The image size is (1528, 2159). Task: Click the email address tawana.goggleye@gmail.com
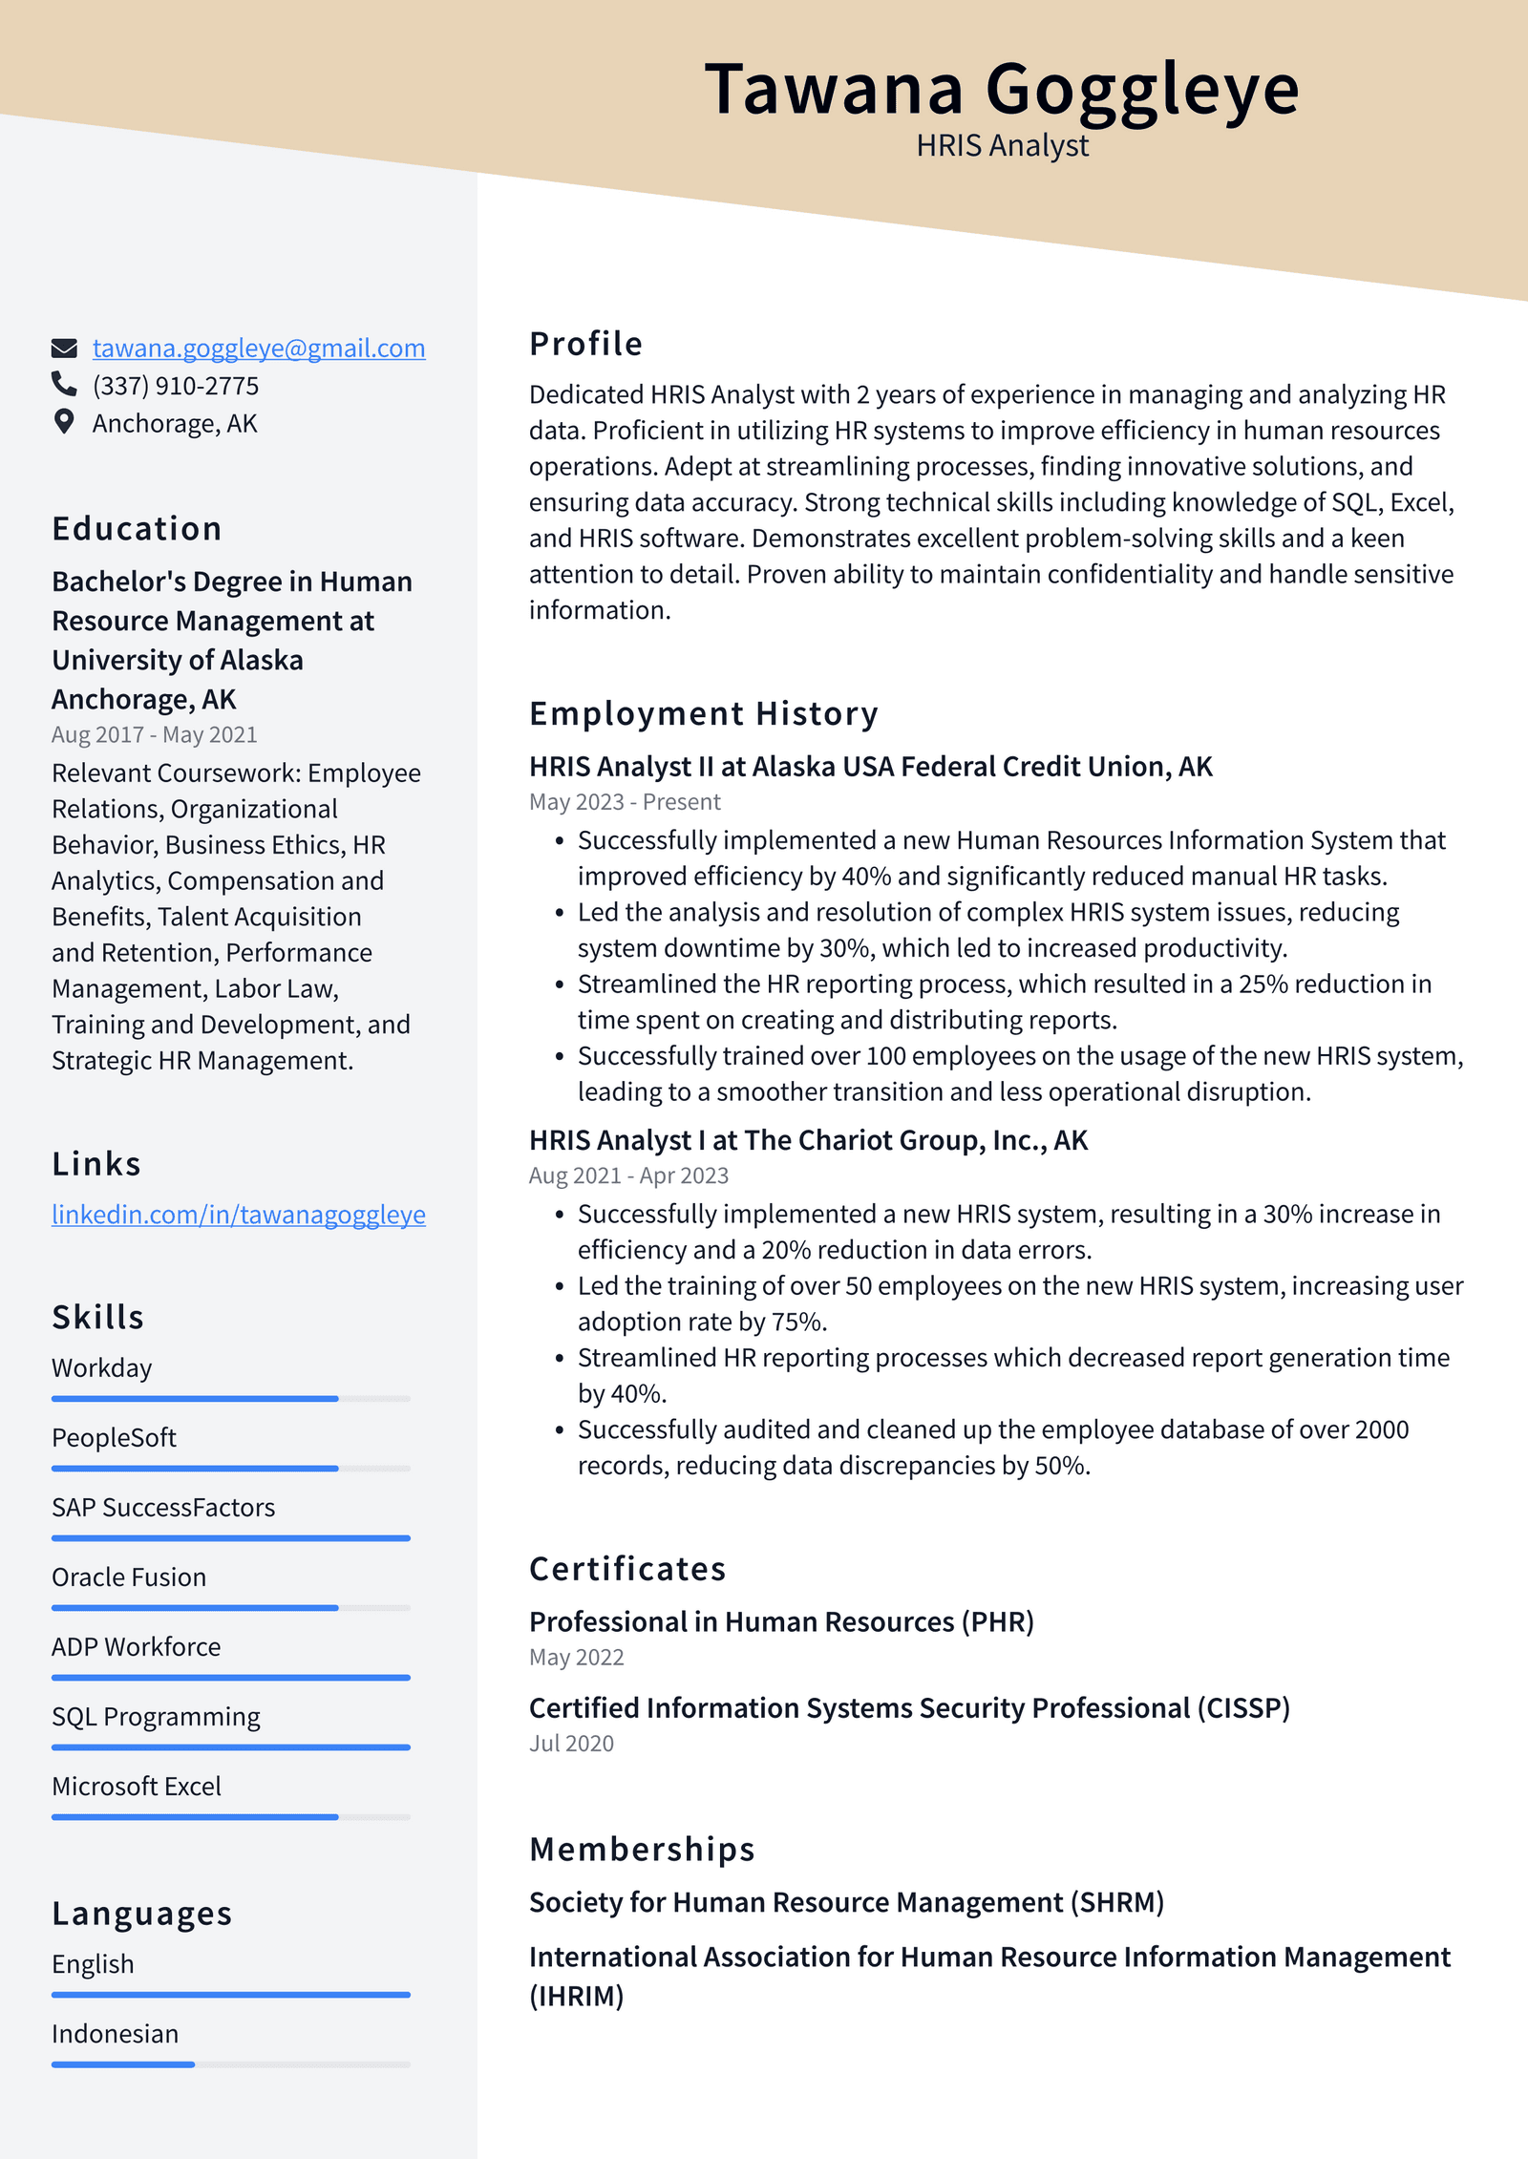(258, 349)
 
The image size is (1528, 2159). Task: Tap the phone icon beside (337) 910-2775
(64, 384)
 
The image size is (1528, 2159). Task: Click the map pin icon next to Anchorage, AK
(64, 422)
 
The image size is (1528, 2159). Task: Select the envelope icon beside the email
(64, 349)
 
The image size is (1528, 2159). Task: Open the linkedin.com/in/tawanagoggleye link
(238, 1215)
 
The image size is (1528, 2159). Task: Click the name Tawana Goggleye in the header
(1001, 89)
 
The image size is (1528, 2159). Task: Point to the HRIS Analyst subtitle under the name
(1002, 145)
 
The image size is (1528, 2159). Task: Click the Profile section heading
(585, 344)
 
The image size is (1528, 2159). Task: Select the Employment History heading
(703, 713)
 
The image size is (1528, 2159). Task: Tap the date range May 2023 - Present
(625, 802)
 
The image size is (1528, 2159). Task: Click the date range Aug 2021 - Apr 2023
(628, 1175)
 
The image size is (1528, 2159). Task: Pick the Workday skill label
(102, 1368)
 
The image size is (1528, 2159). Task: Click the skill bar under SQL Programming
(230, 1747)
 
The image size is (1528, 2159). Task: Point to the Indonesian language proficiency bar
(230, 2064)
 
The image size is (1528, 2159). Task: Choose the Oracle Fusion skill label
(129, 1577)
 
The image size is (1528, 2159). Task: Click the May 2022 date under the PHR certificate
(576, 1658)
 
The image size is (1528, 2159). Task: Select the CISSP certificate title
(909, 1708)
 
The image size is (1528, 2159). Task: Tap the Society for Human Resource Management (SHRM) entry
(846, 1902)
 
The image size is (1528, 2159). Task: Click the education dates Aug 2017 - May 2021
(154, 734)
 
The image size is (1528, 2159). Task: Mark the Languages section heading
(141, 1914)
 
